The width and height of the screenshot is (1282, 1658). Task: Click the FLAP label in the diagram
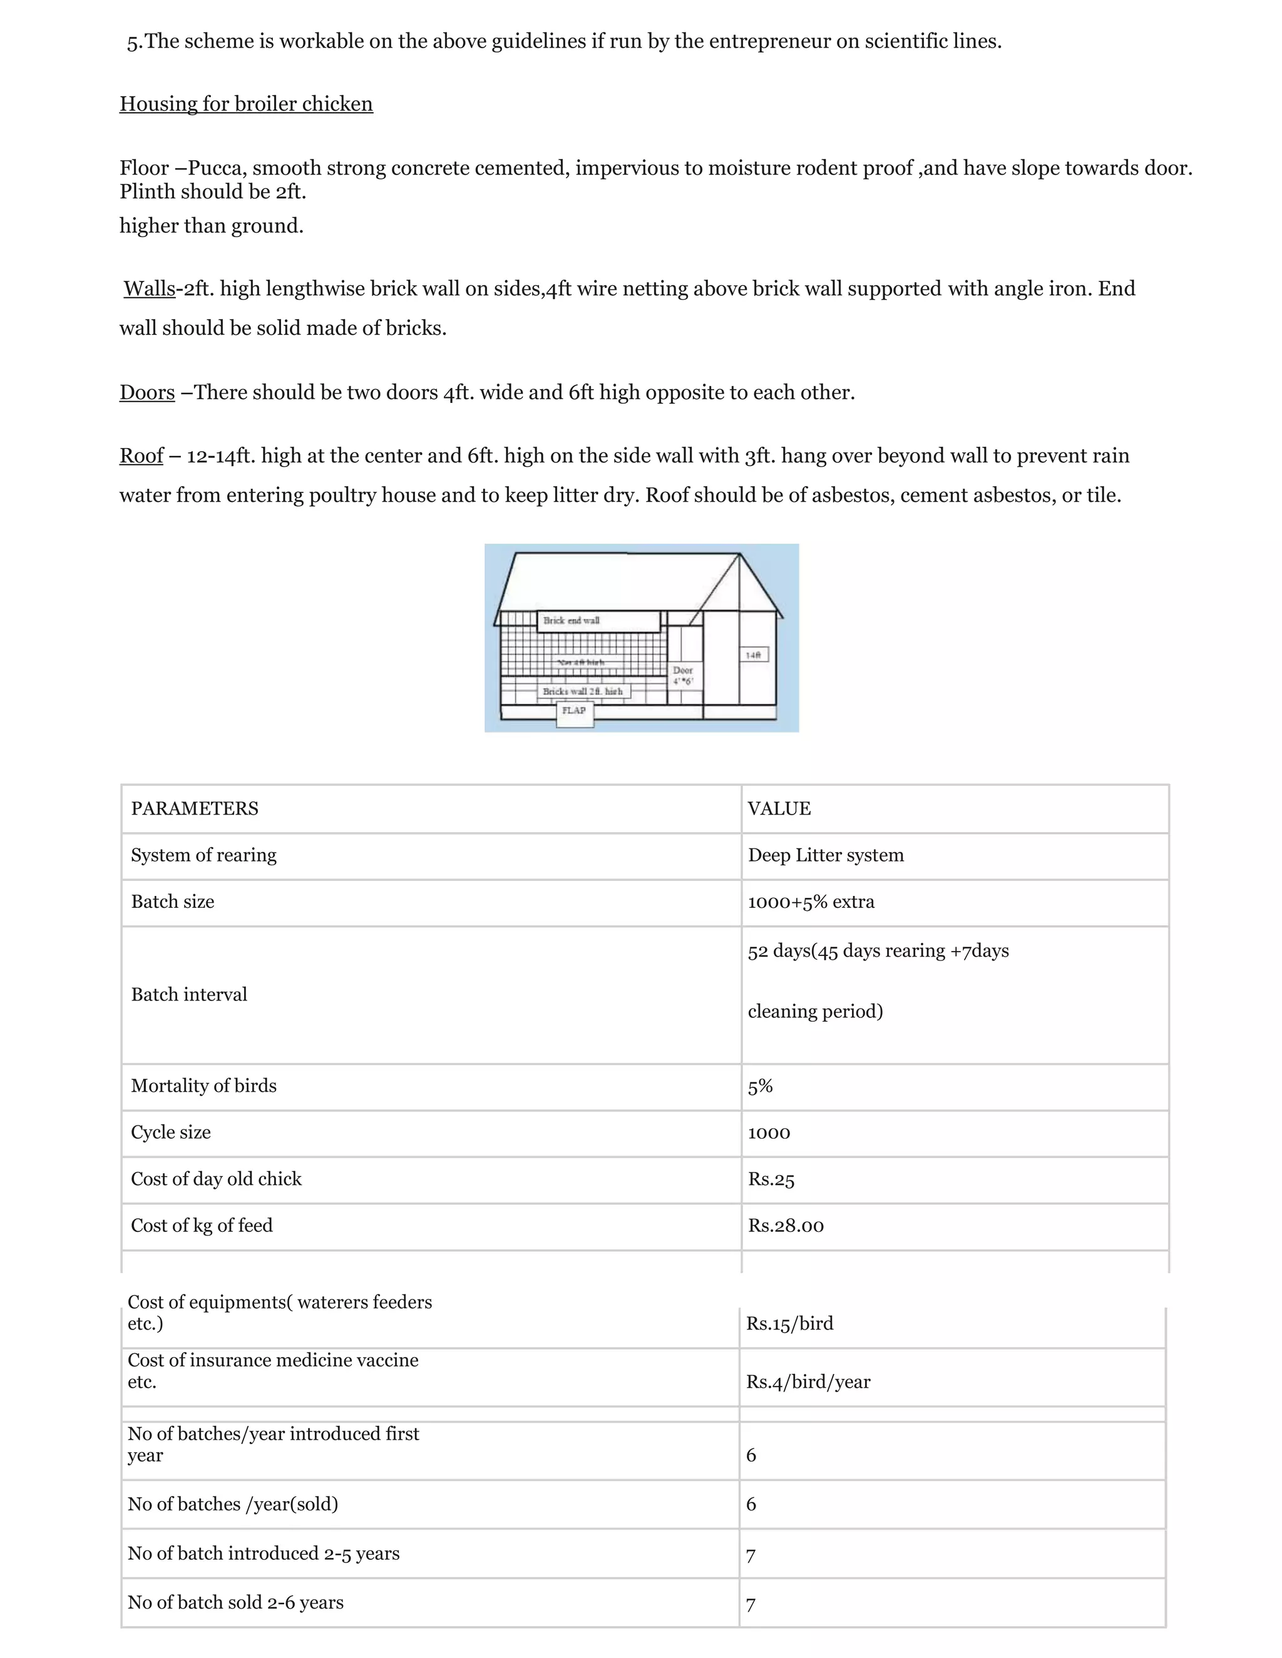[x=574, y=711]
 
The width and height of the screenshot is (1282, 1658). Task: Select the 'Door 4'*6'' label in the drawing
[x=683, y=676]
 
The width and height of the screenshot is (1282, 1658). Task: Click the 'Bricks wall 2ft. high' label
[x=583, y=691]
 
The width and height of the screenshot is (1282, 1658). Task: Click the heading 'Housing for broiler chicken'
[x=246, y=104]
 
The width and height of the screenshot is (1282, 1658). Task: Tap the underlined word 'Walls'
[x=150, y=288]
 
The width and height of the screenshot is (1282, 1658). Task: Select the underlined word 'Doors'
[x=146, y=392]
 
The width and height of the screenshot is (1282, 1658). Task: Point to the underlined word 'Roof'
[x=141, y=455]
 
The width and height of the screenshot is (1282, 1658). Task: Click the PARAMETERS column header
[x=195, y=808]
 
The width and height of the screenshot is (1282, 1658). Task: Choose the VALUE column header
[x=779, y=808]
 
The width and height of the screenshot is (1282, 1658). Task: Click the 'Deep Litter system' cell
[x=826, y=855]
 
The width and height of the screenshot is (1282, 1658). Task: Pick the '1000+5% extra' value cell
[x=811, y=902]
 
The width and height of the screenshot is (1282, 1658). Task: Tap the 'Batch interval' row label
[x=189, y=995]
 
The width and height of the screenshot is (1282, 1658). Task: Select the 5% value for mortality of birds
[x=760, y=1086]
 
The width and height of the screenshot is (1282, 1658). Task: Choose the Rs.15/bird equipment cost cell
[x=789, y=1323]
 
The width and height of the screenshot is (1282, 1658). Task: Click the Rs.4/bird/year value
[x=808, y=1381]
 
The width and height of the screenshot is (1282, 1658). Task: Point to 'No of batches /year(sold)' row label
[x=232, y=1504]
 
